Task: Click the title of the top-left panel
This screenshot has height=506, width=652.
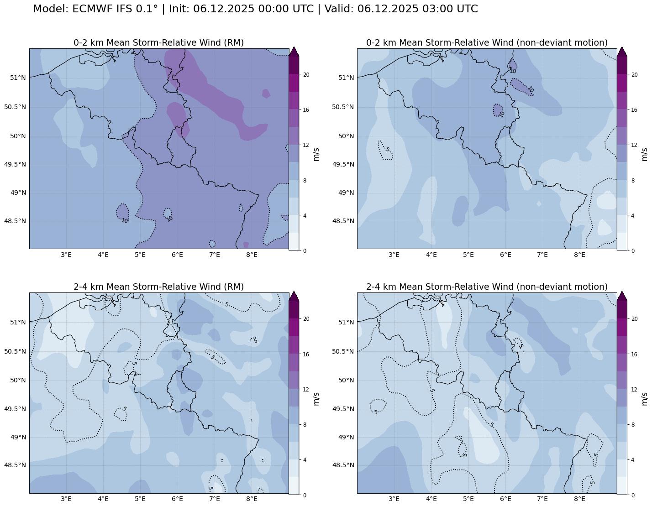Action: coord(158,42)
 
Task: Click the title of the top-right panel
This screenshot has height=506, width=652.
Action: coord(487,42)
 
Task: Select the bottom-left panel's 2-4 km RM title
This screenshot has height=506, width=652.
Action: coord(158,287)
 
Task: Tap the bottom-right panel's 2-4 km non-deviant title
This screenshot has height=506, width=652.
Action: coord(487,287)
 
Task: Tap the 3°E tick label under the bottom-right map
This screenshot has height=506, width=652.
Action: coord(394,499)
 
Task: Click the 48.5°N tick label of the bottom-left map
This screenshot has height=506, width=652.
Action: coord(15,465)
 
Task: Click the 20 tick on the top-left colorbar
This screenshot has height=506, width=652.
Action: coord(306,75)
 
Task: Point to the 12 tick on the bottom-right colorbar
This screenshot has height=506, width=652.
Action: coord(634,390)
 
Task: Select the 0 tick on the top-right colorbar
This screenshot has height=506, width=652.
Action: coord(633,250)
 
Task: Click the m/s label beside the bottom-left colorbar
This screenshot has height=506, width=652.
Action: coord(316,398)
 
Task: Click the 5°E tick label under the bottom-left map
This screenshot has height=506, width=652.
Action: coord(140,499)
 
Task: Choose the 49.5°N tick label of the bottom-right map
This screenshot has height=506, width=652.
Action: coord(343,409)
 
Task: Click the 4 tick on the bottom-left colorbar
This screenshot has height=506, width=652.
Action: coord(305,460)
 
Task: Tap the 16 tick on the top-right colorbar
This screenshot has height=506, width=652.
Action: coord(634,110)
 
